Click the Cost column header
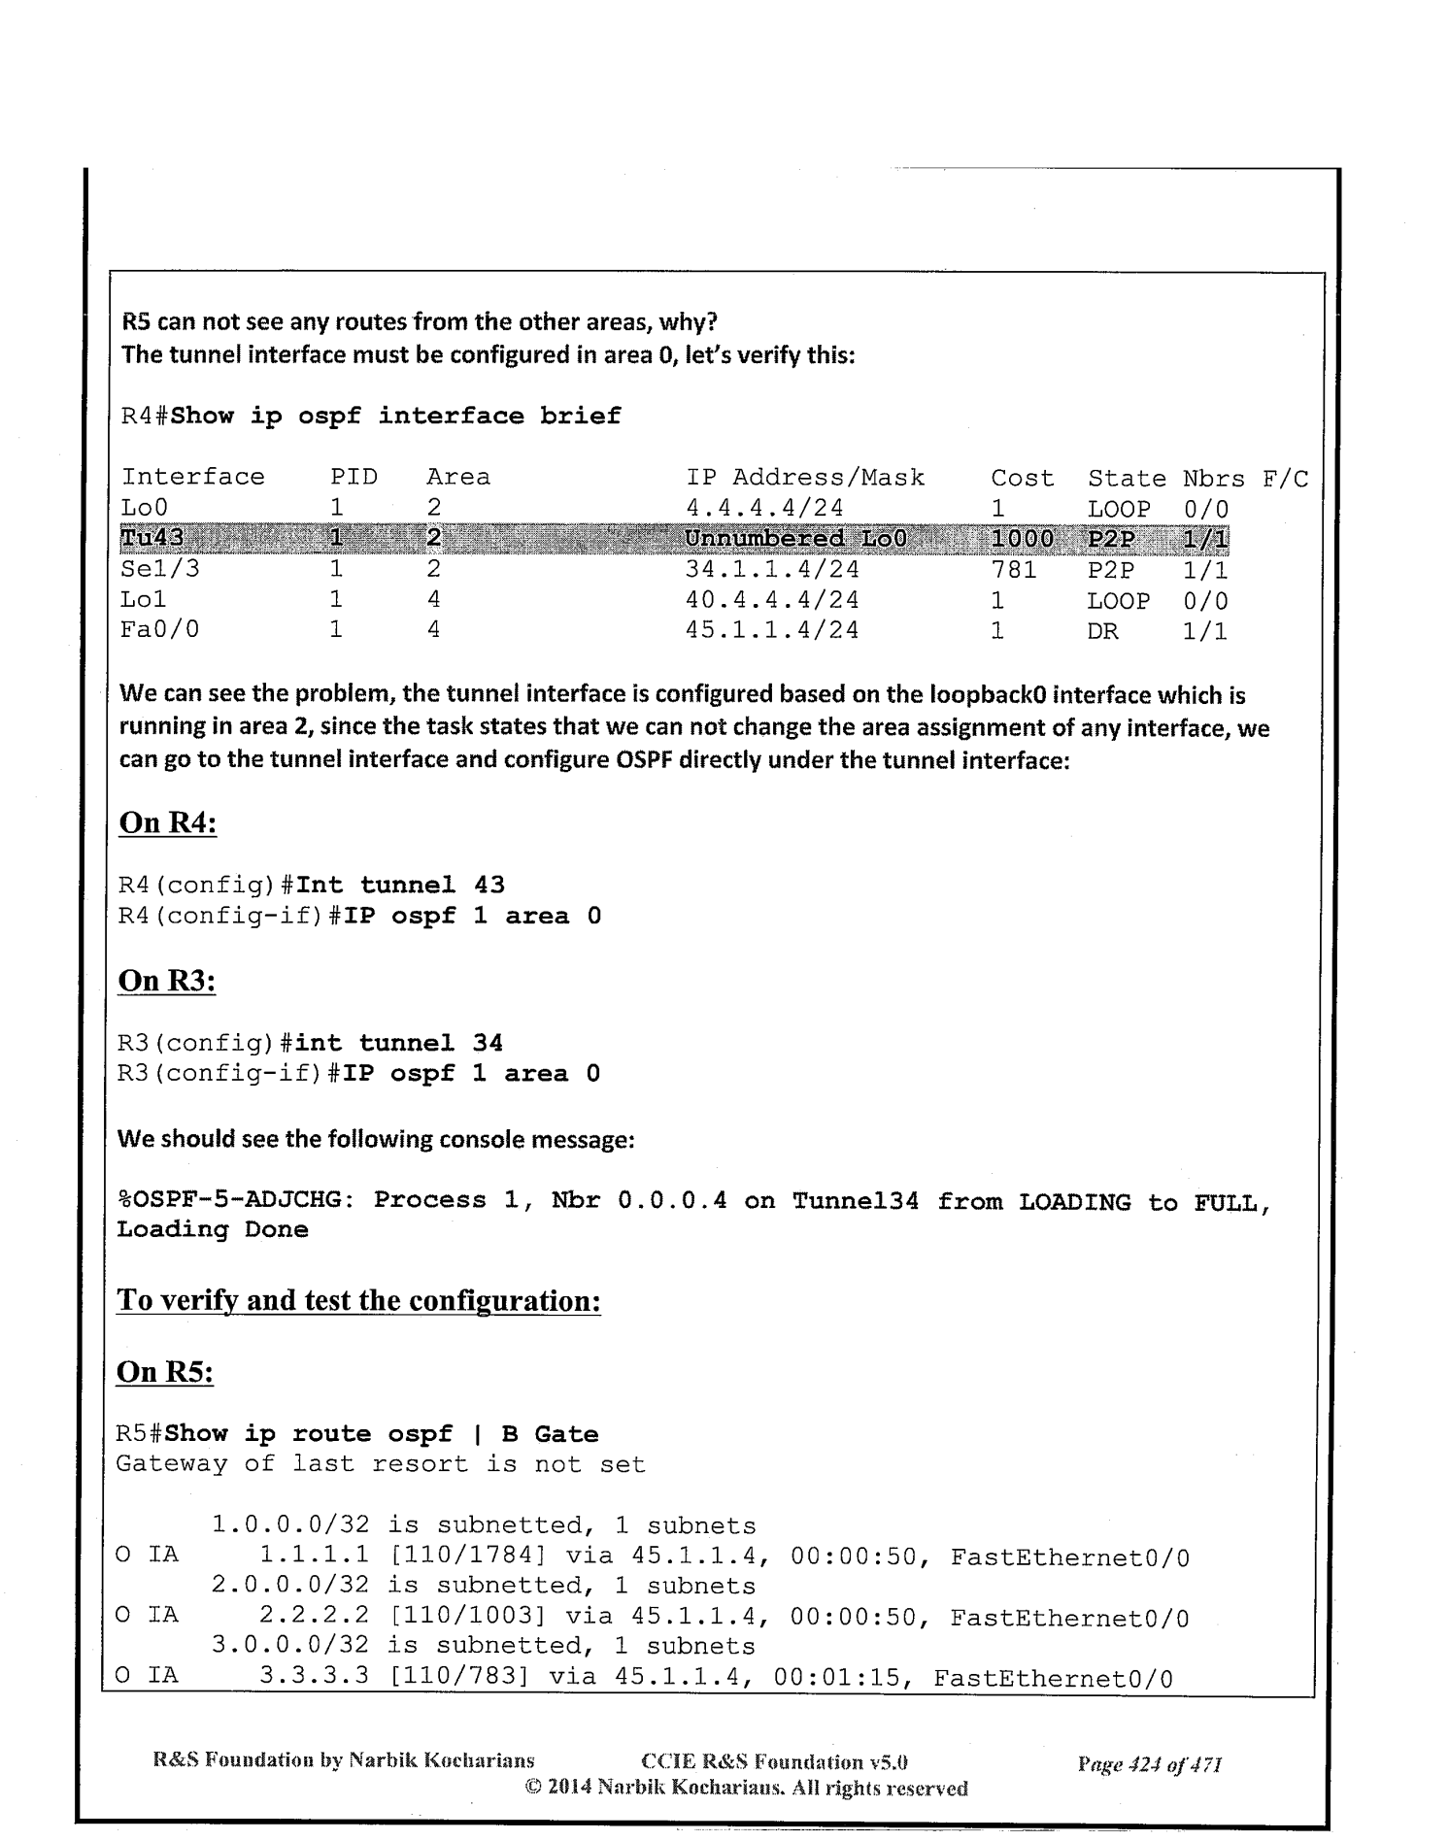click(x=1022, y=478)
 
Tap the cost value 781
click(x=1014, y=569)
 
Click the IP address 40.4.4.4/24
click(x=772, y=600)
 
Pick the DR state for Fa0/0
click(x=1102, y=631)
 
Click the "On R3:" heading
click(x=166, y=981)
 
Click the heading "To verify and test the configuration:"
click(x=358, y=1299)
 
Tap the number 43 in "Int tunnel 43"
click(x=489, y=885)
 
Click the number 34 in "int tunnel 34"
click(x=488, y=1043)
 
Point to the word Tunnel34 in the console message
click(x=856, y=1201)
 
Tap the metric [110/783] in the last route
click(x=458, y=1679)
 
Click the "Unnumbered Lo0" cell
click(x=795, y=538)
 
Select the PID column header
click(x=354, y=478)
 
